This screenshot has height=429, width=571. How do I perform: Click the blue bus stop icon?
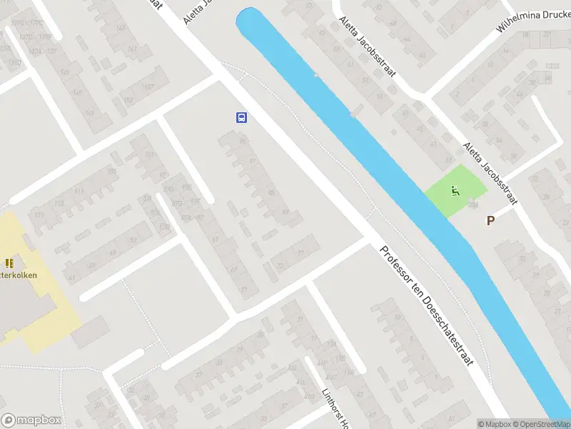pos(242,117)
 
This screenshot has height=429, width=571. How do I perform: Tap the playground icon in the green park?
pos(455,190)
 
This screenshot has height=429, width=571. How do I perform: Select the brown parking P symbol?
pos(490,221)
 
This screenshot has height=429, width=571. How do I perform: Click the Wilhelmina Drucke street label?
pos(534,27)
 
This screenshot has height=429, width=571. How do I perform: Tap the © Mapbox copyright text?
pos(495,424)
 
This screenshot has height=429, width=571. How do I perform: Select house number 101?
pos(149,155)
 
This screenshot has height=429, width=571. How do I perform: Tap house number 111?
pos(79,192)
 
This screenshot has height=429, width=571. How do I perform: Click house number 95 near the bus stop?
pos(243,141)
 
